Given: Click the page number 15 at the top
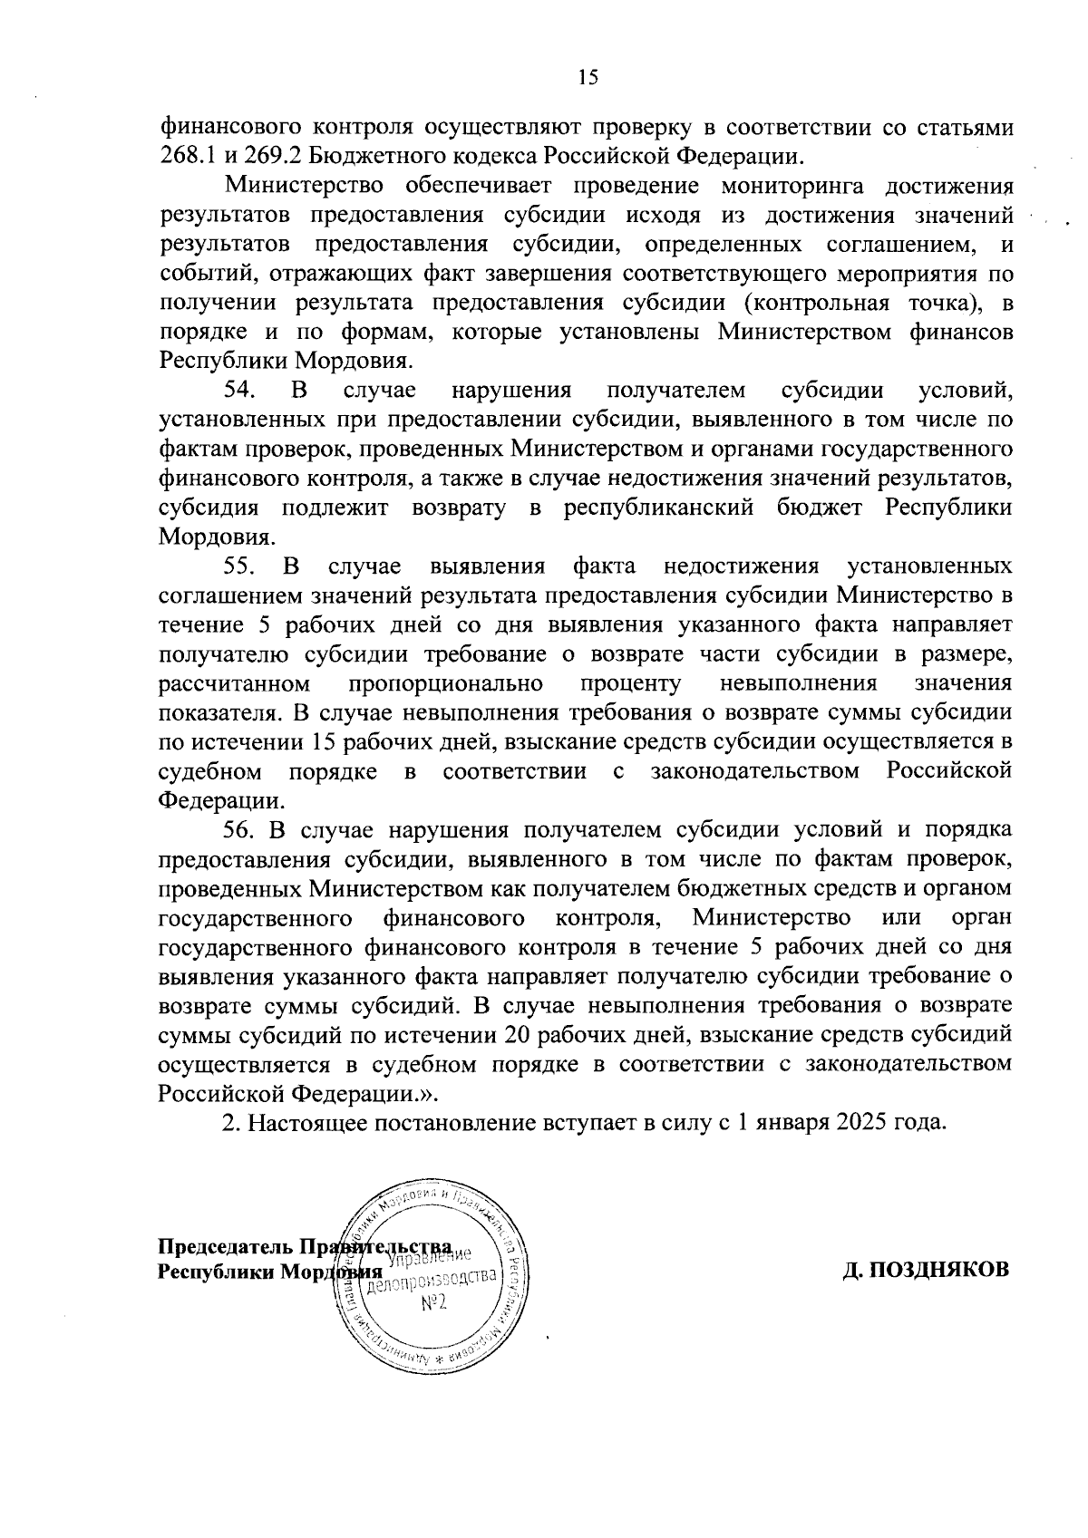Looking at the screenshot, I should pos(588,78).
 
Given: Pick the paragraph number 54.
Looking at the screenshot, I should pos(240,391).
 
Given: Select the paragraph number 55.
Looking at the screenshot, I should pos(240,566).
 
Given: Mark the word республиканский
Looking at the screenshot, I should pos(659,508).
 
